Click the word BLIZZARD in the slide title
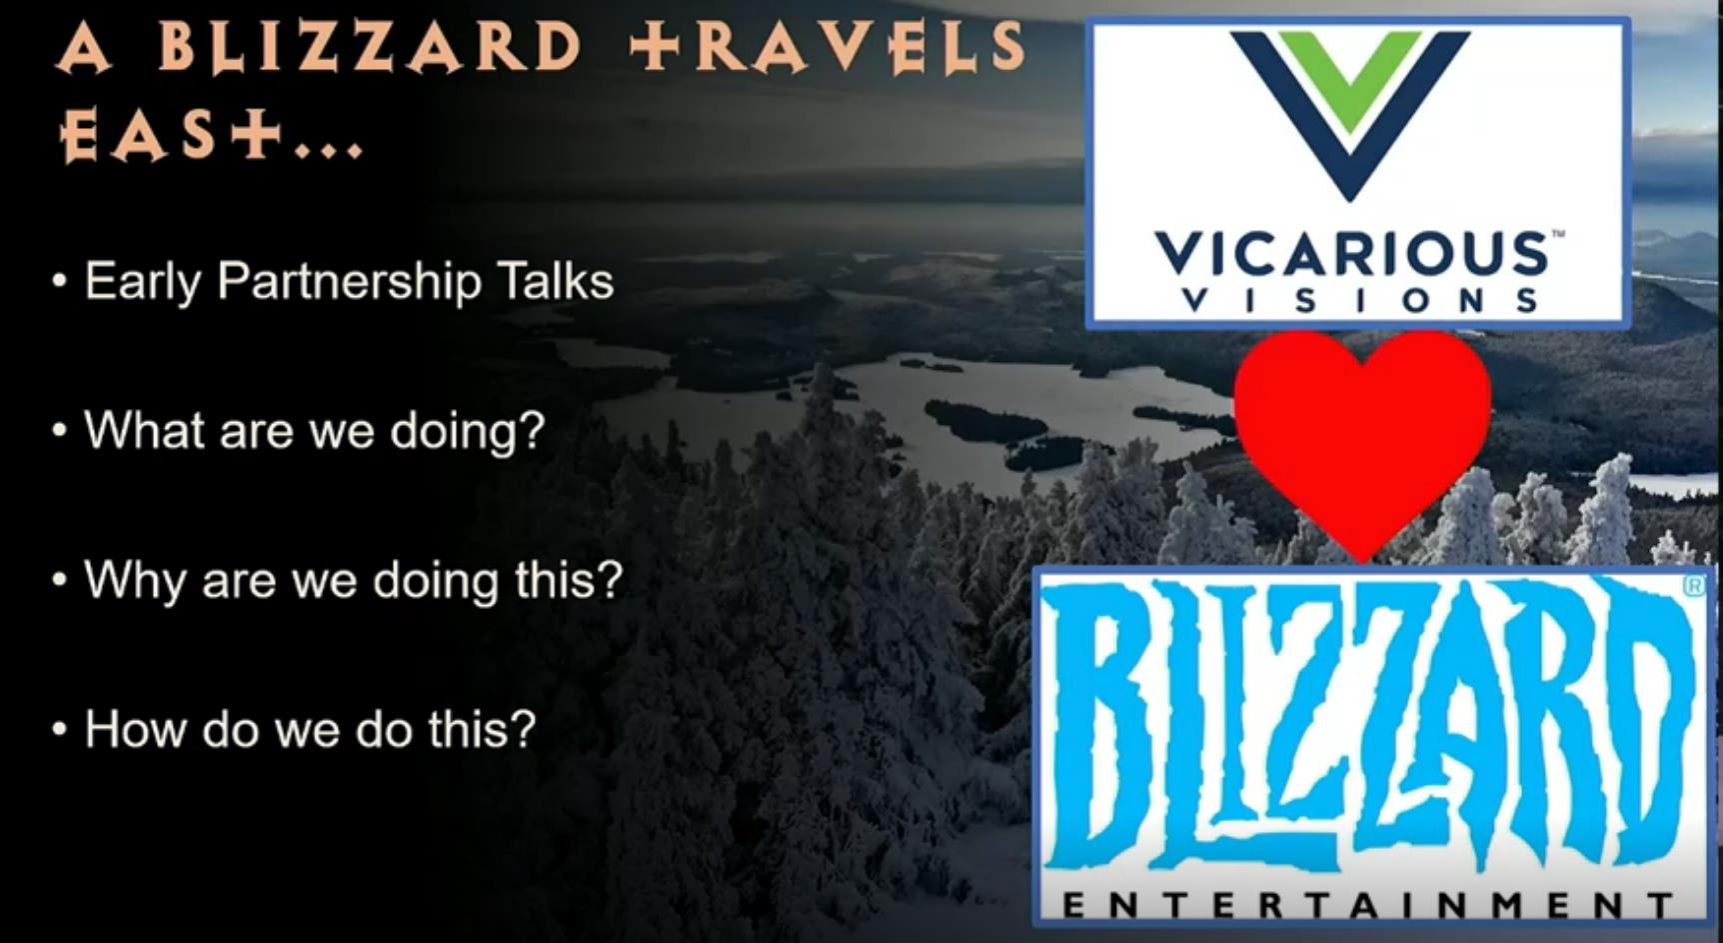pos(370,47)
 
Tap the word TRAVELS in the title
pos(828,47)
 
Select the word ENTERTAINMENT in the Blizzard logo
pos(1367,905)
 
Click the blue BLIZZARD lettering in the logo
pos(1371,724)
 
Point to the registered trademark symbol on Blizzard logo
pos(1694,588)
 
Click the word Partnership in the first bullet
pos(349,282)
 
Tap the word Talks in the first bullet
pos(555,280)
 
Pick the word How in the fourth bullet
pos(135,729)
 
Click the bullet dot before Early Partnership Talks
pos(61,282)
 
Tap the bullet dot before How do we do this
pos(61,731)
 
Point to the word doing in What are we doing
pos(468,432)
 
